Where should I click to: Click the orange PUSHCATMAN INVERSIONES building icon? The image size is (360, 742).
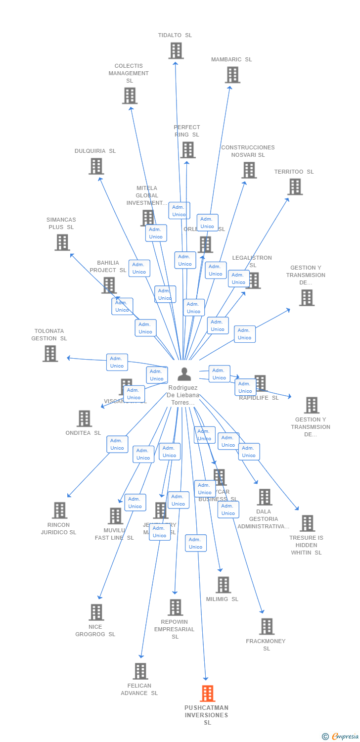click(x=208, y=694)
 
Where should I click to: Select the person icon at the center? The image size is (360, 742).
click(x=184, y=374)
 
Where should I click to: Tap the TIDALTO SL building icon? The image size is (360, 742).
click(x=176, y=50)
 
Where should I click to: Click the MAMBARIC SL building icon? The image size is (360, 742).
click(x=232, y=75)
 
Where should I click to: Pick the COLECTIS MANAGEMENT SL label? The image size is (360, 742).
click(x=129, y=73)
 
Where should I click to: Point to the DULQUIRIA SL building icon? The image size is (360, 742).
click(x=96, y=166)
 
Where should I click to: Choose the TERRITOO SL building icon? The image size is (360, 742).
click(x=295, y=187)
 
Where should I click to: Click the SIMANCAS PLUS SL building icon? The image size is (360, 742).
click(x=62, y=242)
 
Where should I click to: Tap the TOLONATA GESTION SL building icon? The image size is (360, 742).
click(x=50, y=354)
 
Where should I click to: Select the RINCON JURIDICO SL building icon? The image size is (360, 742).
click(x=60, y=510)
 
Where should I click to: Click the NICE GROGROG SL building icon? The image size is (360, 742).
click(x=96, y=612)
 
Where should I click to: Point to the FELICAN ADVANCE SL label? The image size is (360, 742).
click(x=139, y=690)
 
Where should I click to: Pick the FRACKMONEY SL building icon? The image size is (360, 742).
click(x=267, y=626)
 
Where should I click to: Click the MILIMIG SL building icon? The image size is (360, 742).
click(x=223, y=585)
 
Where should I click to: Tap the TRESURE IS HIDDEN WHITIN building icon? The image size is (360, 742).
click(x=307, y=523)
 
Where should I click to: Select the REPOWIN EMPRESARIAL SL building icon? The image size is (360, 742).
click(x=176, y=607)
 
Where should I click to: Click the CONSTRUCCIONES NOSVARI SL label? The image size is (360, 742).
click(x=248, y=151)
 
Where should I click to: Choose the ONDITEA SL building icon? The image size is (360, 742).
click(x=85, y=418)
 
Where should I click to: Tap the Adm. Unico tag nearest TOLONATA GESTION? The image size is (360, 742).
click(x=117, y=362)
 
